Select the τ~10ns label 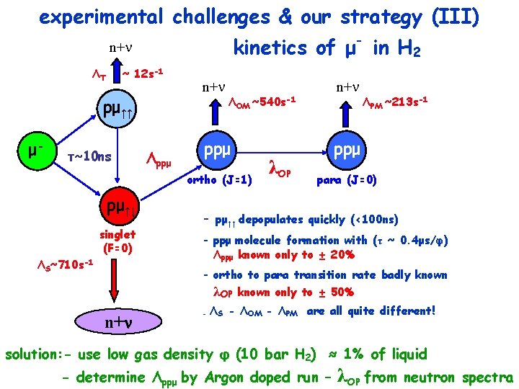coord(89,156)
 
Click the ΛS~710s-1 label coord(66,266)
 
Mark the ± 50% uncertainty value coord(338,292)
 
